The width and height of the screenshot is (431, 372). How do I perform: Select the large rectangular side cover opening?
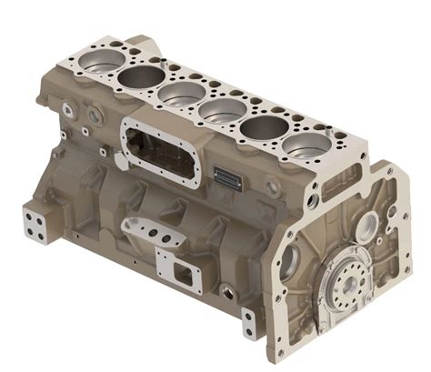[160, 154]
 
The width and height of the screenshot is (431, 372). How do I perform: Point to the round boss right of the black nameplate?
[272, 186]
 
